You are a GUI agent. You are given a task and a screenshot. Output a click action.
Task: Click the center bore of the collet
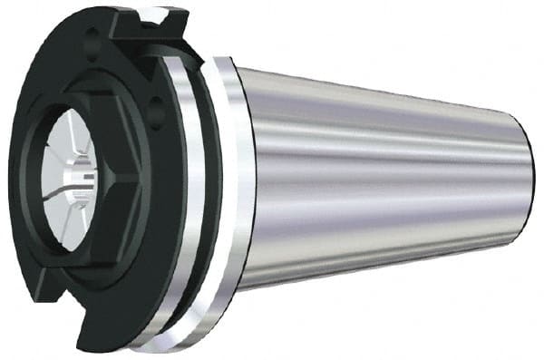80,172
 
